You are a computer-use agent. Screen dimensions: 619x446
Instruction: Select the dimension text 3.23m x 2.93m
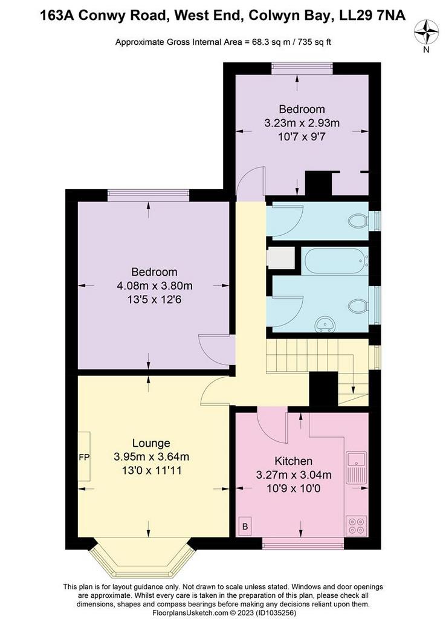(302, 123)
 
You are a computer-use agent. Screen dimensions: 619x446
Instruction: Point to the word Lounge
(151, 443)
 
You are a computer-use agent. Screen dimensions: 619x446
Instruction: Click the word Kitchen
(293, 461)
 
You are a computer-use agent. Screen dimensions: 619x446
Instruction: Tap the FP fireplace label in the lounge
(83, 456)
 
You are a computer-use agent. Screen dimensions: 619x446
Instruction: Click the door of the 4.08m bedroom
(215, 349)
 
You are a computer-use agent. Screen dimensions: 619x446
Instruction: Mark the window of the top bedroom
(302, 68)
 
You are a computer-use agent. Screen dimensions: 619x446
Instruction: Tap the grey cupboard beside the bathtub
(279, 258)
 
